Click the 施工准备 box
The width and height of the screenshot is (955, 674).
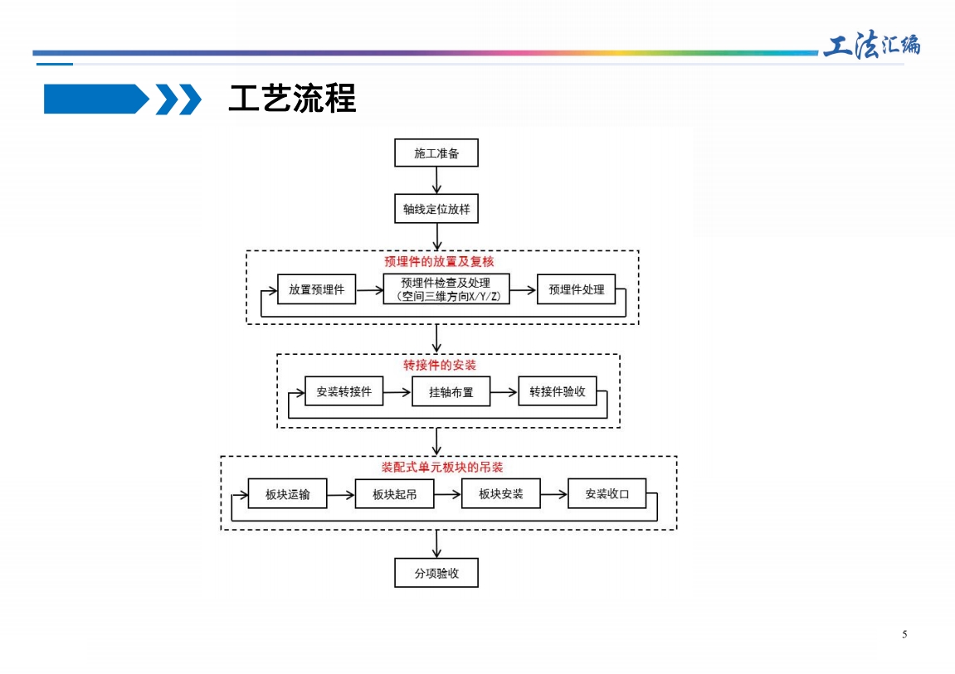pos(436,153)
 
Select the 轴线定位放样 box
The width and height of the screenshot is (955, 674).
pos(436,209)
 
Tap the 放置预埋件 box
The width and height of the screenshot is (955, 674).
pos(317,289)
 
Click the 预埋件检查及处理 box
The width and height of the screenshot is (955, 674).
pos(446,289)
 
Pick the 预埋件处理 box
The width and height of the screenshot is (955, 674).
pos(576,289)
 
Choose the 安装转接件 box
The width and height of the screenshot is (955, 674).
pos(344,391)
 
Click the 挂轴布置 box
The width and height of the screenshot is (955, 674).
pos(451,391)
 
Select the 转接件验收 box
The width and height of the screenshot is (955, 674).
pos(558,391)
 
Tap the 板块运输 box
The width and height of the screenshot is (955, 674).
pos(287,493)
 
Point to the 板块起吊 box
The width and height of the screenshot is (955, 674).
pos(394,493)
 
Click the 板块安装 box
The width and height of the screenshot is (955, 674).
pos(500,493)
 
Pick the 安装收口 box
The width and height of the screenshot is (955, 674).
pos(607,493)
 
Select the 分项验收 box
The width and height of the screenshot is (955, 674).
pos(436,572)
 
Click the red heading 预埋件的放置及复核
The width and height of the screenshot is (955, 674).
pos(439,262)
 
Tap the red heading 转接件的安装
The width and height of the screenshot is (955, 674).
pos(440,365)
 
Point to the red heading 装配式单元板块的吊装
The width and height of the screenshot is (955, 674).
pos(442,468)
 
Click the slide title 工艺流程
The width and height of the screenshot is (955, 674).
pos(292,98)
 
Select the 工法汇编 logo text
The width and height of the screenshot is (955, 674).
pos(871,45)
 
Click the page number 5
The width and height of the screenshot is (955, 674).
pos(904,634)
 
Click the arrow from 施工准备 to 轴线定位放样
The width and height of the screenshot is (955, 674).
pos(436,180)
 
